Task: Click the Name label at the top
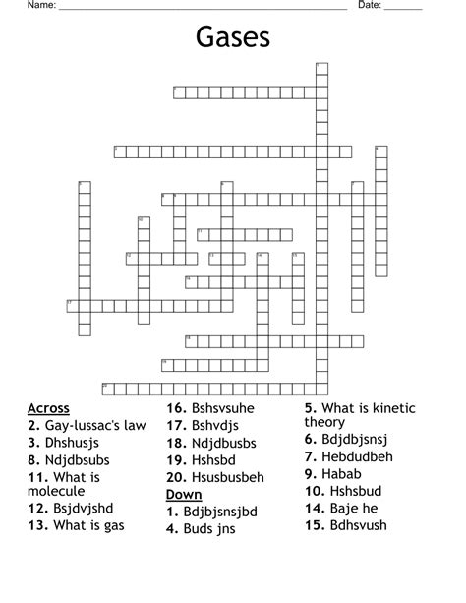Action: (x=40, y=6)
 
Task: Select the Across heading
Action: (x=49, y=408)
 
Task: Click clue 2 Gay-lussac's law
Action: (x=87, y=426)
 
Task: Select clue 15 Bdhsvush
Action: (x=351, y=526)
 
